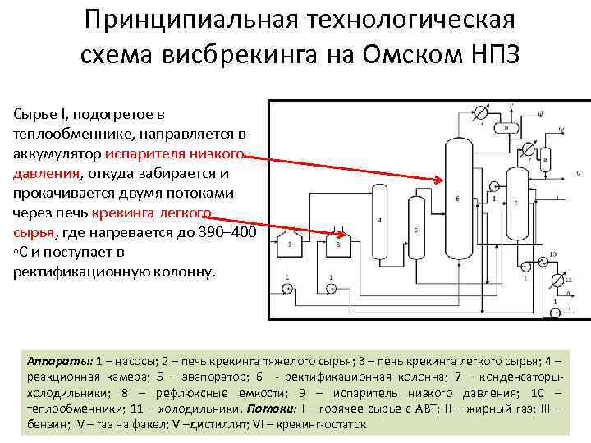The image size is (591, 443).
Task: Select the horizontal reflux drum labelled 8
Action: [x=506, y=128]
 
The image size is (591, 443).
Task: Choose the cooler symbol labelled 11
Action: [x=558, y=281]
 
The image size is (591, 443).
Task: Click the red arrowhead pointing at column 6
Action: [x=439, y=180]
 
